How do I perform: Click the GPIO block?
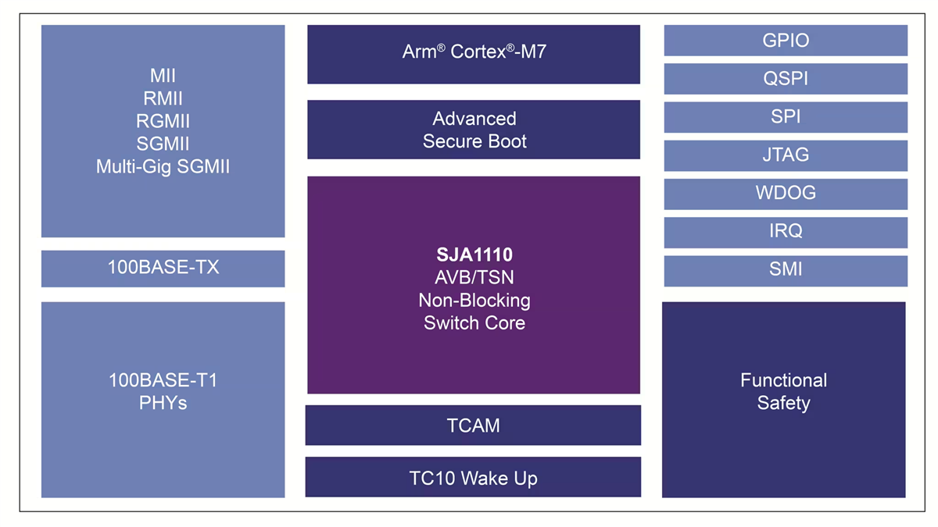pyautogui.click(x=786, y=41)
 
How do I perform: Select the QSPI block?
pyautogui.click(x=786, y=79)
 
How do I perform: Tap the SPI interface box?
pyautogui.click(x=786, y=117)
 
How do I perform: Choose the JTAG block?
pyautogui.click(x=786, y=155)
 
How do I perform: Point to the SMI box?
pyautogui.click(x=786, y=270)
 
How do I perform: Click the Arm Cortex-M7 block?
pyautogui.click(x=474, y=53)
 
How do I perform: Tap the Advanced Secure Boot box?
pyautogui.click(x=474, y=130)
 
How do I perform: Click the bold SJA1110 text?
pyautogui.click(x=474, y=255)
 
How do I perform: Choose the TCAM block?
pyautogui.click(x=473, y=426)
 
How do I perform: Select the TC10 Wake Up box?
pyautogui.click(x=473, y=477)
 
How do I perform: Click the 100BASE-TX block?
pyautogui.click(x=163, y=268)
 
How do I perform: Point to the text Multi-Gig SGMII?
pyautogui.click(x=163, y=167)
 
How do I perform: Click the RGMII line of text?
pyautogui.click(x=163, y=122)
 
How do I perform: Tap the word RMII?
pyautogui.click(x=163, y=99)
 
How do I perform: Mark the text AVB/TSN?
pyautogui.click(x=474, y=277)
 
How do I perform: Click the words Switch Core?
pyautogui.click(x=474, y=322)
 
